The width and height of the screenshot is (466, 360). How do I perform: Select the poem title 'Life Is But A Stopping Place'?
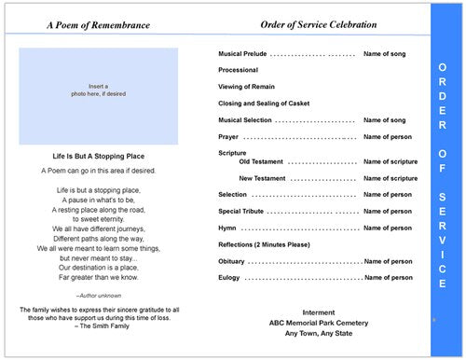97,157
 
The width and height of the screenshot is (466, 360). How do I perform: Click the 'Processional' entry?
239,71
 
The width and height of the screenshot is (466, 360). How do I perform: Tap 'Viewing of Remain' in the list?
248,88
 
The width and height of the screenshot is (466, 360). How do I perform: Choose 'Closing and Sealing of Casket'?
264,104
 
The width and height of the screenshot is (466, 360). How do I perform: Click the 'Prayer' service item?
229,136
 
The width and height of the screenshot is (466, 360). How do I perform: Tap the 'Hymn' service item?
227,228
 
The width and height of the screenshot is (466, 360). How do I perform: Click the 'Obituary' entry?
233,260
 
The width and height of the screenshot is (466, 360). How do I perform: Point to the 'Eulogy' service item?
230,277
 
